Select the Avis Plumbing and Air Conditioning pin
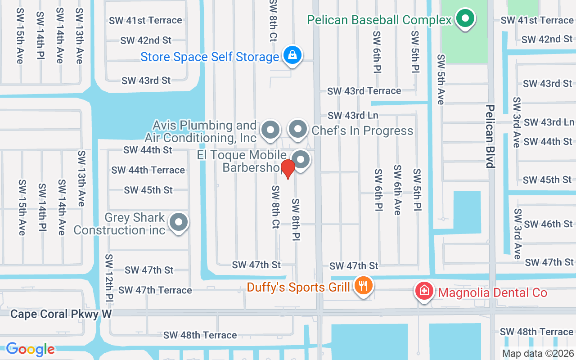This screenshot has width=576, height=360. click(x=270, y=130)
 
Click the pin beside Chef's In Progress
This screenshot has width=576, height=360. click(x=297, y=130)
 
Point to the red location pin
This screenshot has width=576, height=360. click(x=288, y=168)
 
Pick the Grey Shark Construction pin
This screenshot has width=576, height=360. click(x=179, y=222)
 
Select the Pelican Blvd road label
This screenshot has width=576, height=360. click(x=490, y=136)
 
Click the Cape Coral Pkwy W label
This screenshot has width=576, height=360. click(x=61, y=314)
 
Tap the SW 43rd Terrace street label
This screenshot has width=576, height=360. click(x=364, y=91)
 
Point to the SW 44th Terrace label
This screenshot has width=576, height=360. click(x=148, y=170)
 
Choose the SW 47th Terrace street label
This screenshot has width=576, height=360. click(x=155, y=290)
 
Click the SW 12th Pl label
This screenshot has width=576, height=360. click(x=109, y=278)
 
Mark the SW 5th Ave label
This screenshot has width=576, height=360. click(x=441, y=80)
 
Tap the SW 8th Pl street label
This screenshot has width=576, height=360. click(x=296, y=219)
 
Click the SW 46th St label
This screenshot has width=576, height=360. click(x=548, y=224)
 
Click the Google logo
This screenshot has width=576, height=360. click(x=30, y=349)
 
